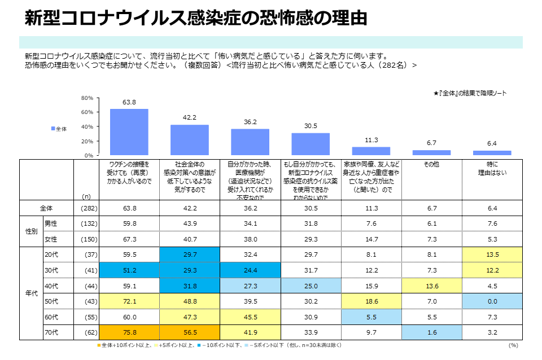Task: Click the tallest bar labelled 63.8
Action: pos(129,132)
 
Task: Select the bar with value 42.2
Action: pos(190,140)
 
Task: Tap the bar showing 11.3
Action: pos(371,151)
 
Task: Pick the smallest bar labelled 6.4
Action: pos(492,152)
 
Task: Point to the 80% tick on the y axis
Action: pos(87,98)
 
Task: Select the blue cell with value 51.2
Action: pos(129,270)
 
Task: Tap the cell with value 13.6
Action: pos(431,285)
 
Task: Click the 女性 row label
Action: pos(51,239)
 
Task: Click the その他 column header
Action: pos(431,164)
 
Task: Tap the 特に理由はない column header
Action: pos(492,168)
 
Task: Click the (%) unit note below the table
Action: pos(513,345)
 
